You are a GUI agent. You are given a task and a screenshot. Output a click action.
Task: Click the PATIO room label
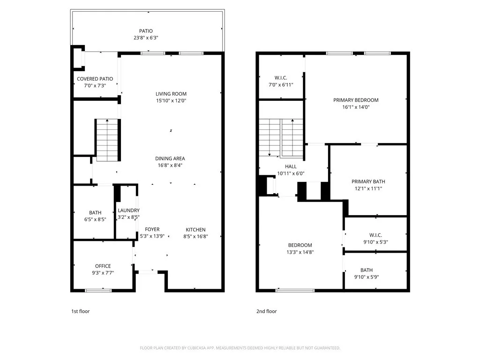coord(146,31)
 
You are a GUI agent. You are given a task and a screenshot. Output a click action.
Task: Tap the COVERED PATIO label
coord(95,79)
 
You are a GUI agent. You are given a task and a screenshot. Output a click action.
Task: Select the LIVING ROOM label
coord(171,94)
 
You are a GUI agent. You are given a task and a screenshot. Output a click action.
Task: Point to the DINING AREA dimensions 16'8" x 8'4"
coord(170,165)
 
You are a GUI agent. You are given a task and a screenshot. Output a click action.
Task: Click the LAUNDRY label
coord(128,210)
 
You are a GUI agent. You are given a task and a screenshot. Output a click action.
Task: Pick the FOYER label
coord(152,229)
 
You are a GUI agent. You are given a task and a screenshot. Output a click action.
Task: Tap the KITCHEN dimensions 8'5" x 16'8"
coord(195,236)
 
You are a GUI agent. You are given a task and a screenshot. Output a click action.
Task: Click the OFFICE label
coord(103,266)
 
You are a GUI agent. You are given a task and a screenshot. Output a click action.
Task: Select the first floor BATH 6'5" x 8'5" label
coord(95,212)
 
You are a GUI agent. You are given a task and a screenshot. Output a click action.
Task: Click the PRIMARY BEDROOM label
coord(356,100)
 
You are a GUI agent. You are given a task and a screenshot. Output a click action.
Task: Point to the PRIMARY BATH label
coord(368,181)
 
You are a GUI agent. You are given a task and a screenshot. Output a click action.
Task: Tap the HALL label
coord(291,166)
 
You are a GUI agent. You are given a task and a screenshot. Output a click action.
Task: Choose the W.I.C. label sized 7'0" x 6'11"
coord(281,78)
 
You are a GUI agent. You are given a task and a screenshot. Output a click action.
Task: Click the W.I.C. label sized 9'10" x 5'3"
coord(375,235)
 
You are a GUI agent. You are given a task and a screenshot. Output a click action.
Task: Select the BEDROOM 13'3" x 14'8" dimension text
coord(300,252)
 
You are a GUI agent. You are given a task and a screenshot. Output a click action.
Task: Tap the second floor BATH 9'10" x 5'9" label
coord(367,270)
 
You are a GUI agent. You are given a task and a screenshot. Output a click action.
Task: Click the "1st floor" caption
coord(81,311)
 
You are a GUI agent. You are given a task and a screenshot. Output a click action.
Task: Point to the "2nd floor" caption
coord(267,311)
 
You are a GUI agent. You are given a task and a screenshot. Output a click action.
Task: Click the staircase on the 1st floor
coord(107,140)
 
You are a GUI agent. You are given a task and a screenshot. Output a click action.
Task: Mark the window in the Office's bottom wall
coord(98,290)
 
